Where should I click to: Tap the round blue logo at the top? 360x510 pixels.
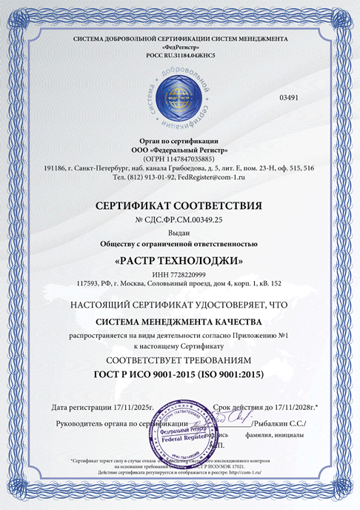[x=179, y=95]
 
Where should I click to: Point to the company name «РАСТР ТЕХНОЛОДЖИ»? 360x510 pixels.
[x=179, y=261]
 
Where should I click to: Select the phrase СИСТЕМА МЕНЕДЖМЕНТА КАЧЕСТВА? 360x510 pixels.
[x=179, y=322]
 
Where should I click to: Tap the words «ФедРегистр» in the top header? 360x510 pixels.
[x=179, y=45]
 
